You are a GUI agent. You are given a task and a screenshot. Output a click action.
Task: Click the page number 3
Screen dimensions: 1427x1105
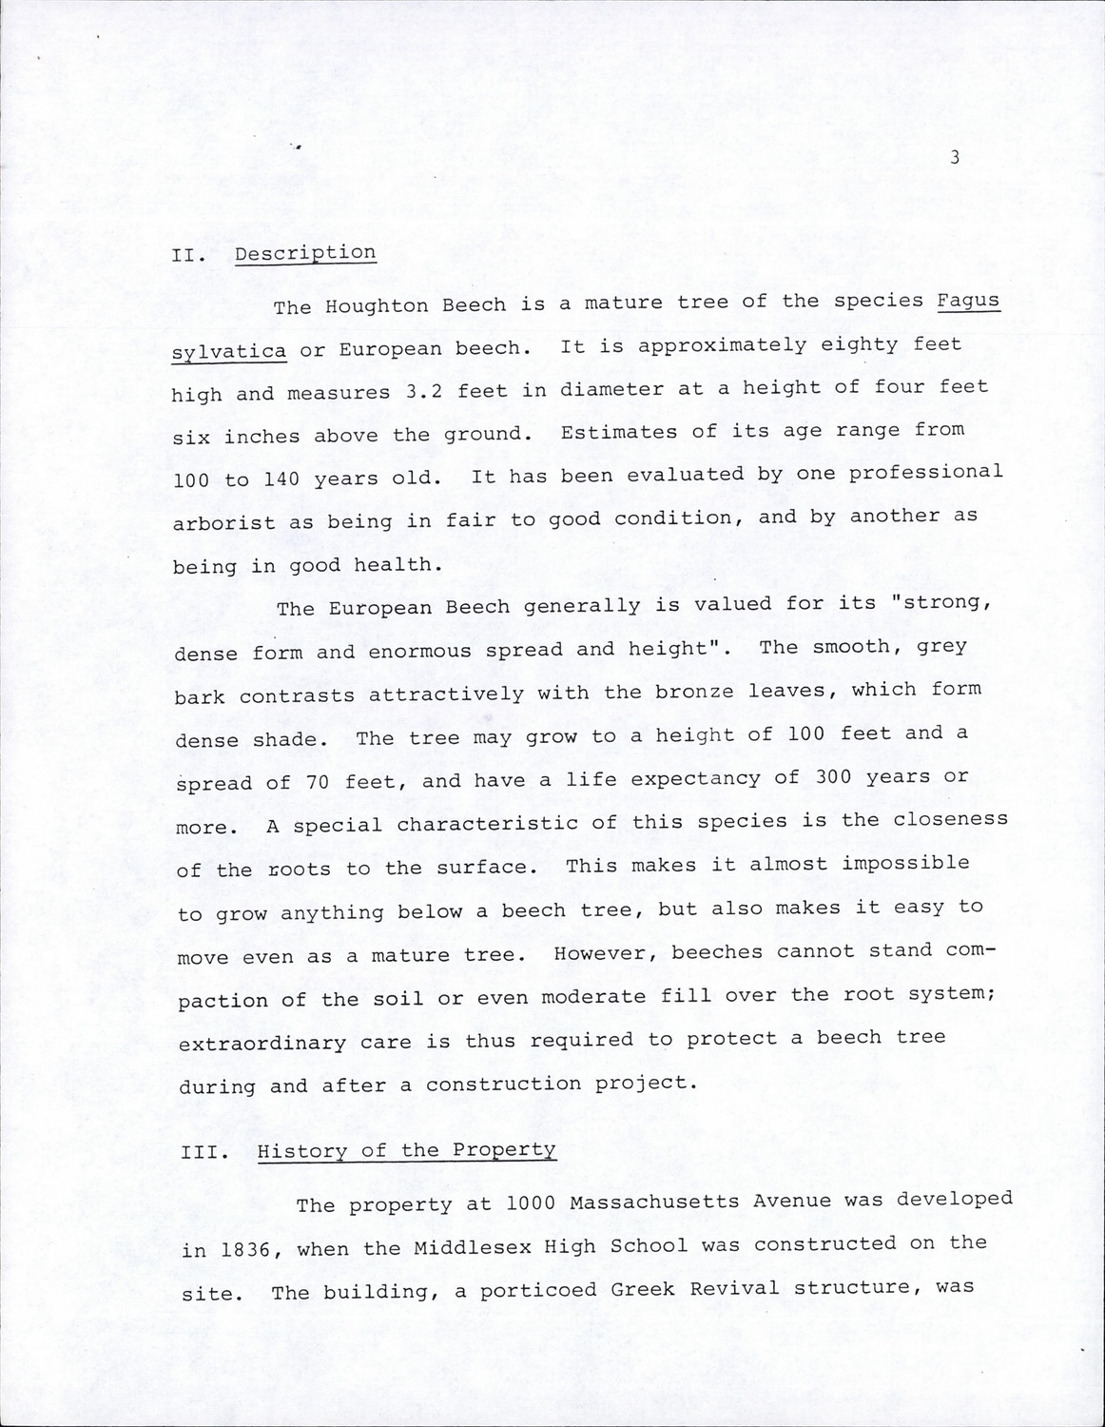tap(955, 158)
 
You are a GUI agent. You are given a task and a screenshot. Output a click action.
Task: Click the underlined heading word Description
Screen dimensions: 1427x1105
tap(305, 253)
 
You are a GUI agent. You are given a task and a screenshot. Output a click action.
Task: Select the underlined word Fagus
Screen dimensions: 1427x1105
tap(968, 301)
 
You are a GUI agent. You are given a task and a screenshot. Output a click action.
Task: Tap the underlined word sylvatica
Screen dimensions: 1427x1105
tap(229, 351)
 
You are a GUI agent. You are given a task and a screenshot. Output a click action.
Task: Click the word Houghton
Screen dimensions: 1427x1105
tap(377, 306)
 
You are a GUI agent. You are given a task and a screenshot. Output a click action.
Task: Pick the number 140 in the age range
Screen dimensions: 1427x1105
tap(281, 479)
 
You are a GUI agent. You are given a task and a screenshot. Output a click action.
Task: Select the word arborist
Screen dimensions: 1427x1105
tap(223, 522)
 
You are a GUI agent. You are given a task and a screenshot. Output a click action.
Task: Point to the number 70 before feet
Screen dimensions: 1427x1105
tap(318, 783)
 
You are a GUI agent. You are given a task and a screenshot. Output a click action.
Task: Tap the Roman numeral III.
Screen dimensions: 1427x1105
tap(204, 1152)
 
